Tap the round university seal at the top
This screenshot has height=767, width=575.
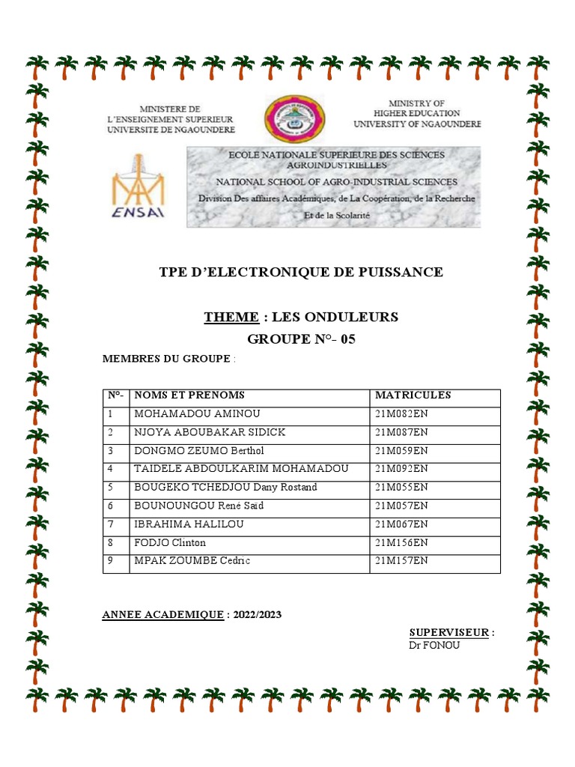point(293,119)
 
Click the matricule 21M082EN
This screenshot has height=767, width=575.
point(401,414)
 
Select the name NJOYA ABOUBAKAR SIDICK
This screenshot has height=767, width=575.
point(209,433)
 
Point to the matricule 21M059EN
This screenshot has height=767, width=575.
point(401,451)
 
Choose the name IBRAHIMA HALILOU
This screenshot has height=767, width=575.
point(189,524)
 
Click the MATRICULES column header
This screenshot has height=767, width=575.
point(413,395)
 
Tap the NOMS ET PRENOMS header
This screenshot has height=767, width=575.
point(189,395)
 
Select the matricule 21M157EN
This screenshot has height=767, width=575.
point(401,561)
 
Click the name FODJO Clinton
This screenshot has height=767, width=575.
point(169,543)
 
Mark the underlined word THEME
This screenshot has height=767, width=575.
point(231,317)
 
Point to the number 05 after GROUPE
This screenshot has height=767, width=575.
point(348,339)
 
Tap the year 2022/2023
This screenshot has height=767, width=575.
point(258,615)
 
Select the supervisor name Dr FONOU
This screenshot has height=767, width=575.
point(435,645)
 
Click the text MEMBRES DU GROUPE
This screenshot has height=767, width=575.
point(165,360)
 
